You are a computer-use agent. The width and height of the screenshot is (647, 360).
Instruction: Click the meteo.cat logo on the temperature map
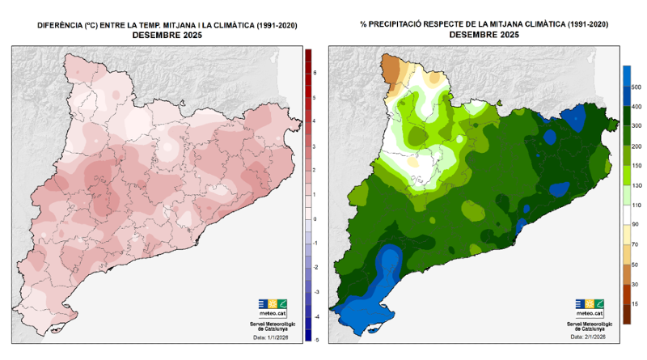(x=273, y=307)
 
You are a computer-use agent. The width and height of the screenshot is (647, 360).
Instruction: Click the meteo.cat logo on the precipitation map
(x=590, y=307)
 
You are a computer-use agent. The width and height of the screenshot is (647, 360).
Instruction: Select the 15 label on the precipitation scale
(x=635, y=303)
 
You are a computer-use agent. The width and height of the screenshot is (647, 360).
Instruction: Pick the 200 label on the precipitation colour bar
(x=636, y=146)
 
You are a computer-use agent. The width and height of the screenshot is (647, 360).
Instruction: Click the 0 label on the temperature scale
(x=315, y=219)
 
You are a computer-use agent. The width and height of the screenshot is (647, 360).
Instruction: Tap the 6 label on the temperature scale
(x=315, y=73)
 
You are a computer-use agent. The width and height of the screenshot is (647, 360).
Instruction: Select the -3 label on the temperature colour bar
(x=315, y=291)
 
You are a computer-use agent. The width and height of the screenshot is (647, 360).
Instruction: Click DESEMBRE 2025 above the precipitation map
(x=484, y=35)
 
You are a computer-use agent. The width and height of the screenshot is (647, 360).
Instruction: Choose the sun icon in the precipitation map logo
(x=590, y=304)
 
